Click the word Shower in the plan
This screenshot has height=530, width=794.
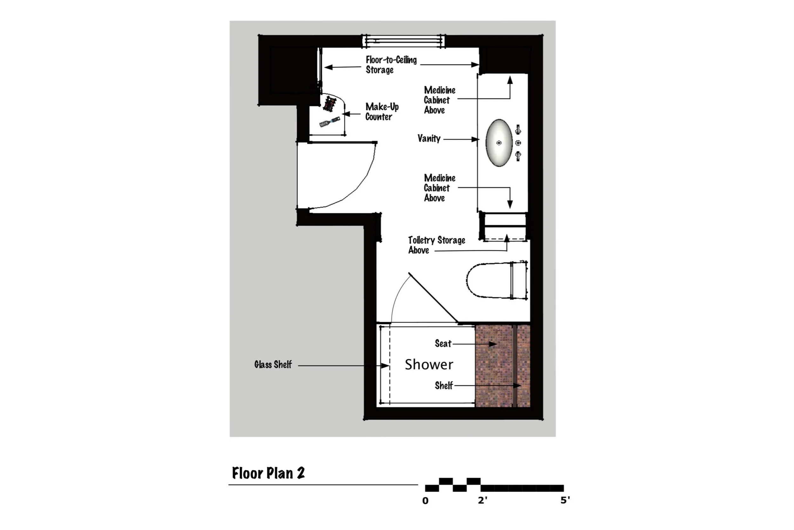(429, 364)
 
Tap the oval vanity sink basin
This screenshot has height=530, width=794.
(499, 142)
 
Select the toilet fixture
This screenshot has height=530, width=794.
(497, 280)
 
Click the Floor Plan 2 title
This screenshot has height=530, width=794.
(268, 473)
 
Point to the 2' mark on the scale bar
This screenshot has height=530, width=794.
(482, 500)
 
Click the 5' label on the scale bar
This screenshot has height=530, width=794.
(565, 500)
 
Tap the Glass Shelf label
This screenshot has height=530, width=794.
(273, 365)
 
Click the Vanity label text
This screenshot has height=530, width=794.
(429, 139)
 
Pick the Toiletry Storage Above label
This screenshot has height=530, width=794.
(436, 245)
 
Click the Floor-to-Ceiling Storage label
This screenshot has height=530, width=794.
(391, 65)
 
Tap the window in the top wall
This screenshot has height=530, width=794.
(403, 41)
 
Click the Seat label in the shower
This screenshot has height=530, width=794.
(443, 344)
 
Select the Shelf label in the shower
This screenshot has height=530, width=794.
(443, 386)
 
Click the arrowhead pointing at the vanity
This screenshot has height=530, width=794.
(475, 139)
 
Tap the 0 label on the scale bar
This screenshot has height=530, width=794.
(425, 501)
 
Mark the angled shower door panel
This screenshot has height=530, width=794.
(433, 298)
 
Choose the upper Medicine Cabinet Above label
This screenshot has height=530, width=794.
(440, 100)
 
